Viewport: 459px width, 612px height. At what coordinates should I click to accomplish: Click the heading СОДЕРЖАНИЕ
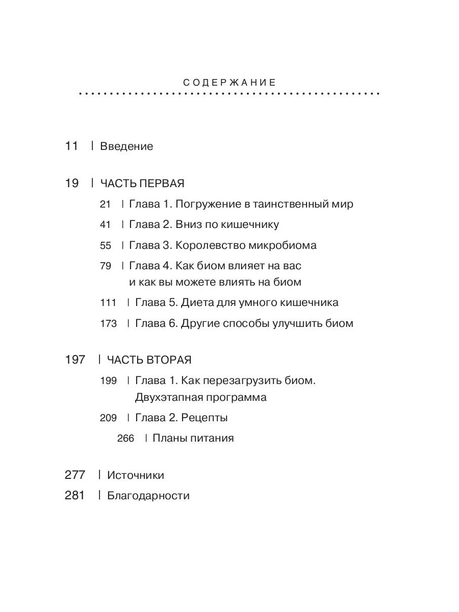tap(229, 83)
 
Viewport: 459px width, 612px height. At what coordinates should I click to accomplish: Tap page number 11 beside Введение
tap(71, 146)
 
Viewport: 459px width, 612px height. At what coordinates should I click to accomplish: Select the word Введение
tap(126, 147)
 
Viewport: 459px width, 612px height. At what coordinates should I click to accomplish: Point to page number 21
tap(105, 205)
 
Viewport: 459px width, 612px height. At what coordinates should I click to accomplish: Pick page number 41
tap(105, 225)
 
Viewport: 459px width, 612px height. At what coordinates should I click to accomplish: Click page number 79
tap(105, 266)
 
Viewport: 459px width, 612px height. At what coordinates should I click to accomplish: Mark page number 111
tap(108, 303)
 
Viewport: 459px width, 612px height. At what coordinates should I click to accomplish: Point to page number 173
tap(108, 324)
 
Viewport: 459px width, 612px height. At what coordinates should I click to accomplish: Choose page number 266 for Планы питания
tap(125, 439)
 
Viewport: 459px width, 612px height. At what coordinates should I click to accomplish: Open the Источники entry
tap(135, 475)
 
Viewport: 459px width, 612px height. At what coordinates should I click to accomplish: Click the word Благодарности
tap(148, 496)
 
